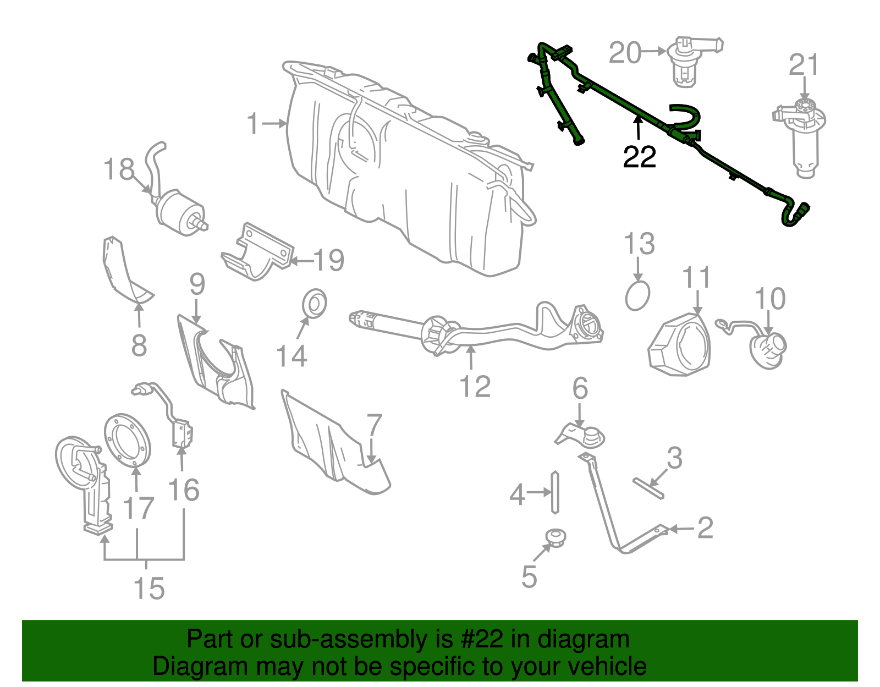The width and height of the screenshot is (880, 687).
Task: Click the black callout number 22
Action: (x=639, y=157)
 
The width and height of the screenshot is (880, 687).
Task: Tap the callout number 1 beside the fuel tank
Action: (x=252, y=124)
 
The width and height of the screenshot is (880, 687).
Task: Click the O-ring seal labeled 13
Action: (x=637, y=295)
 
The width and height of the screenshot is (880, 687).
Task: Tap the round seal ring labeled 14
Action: (x=315, y=303)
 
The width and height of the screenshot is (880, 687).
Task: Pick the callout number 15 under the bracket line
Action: (x=149, y=589)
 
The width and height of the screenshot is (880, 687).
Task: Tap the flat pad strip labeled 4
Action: (x=555, y=492)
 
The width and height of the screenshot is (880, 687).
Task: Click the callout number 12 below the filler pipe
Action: (x=475, y=386)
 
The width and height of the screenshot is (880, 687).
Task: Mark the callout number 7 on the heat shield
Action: (x=374, y=425)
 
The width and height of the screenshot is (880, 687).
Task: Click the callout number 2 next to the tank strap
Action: (x=705, y=528)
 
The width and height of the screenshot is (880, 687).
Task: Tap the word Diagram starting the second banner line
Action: (x=185, y=667)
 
